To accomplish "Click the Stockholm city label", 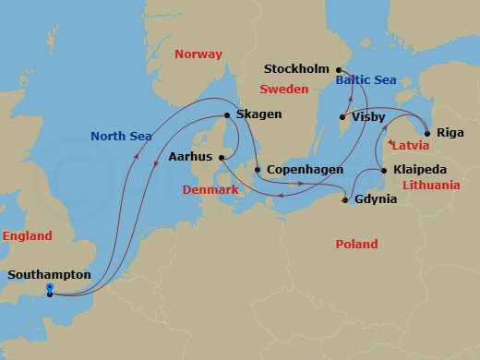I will coord(297,69).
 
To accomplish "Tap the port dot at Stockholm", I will coord(338,70).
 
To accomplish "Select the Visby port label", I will coord(369,117).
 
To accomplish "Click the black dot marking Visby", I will coord(342,117).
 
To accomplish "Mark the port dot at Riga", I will coord(426,133).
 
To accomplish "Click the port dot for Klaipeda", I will coord(383,171).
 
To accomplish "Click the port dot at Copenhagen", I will coord(258,171).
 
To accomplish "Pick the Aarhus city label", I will coord(189,158).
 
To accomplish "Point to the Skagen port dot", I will coord(226,115).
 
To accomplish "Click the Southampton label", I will coord(49,275).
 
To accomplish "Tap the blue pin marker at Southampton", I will coord(49,289).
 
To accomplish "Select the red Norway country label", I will coord(199,54).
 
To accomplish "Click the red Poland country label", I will coord(356,245).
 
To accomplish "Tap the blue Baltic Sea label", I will coord(366,81).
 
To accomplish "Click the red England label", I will coord(27,236).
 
